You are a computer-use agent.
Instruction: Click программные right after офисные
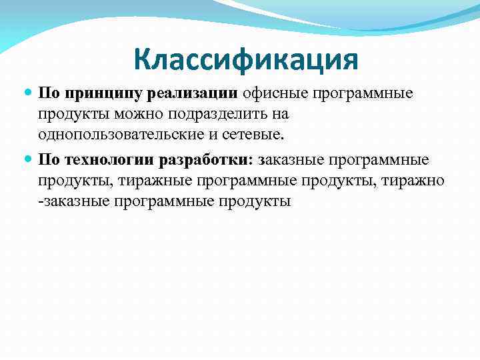coord(363,93)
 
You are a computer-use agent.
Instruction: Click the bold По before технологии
coord(49,160)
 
